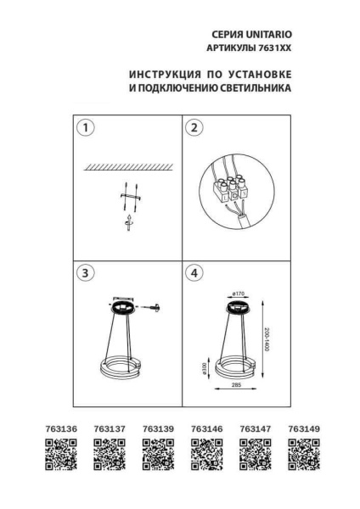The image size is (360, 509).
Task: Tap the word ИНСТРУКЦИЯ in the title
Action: (x=160, y=72)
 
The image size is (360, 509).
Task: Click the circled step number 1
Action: (x=84, y=129)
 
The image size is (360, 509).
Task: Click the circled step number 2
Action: (x=194, y=129)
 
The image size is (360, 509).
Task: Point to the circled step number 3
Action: (x=84, y=273)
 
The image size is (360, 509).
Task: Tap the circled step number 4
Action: (x=194, y=273)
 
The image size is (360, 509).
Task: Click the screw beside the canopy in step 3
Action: (x=155, y=310)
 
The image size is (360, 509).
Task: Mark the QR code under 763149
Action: (x=304, y=456)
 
